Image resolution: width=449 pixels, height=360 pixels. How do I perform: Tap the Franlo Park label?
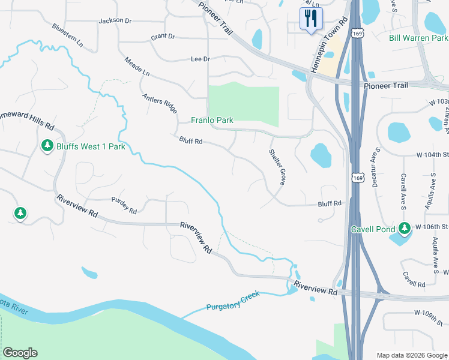(x=212, y=120)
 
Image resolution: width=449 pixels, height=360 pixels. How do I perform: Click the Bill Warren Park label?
(x=418, y=38)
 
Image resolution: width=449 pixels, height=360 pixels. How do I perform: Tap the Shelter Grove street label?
(x=277, y=167)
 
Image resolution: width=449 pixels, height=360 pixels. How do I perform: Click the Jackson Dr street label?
(x=115, y=20)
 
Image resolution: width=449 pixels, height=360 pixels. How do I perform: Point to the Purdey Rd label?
(x=124, y=206)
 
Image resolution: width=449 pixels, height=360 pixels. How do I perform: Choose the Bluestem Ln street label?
(x=67, y=35)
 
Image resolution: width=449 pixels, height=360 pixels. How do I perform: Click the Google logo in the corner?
(x=19, y=353)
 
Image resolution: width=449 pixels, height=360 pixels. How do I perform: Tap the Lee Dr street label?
(x=200, y=59)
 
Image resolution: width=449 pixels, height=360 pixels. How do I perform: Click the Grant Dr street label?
(x=163, y=37)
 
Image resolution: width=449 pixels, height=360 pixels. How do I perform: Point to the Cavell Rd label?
(x=414, y=279)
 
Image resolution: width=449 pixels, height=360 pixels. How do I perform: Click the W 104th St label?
(x=432, y=154)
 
